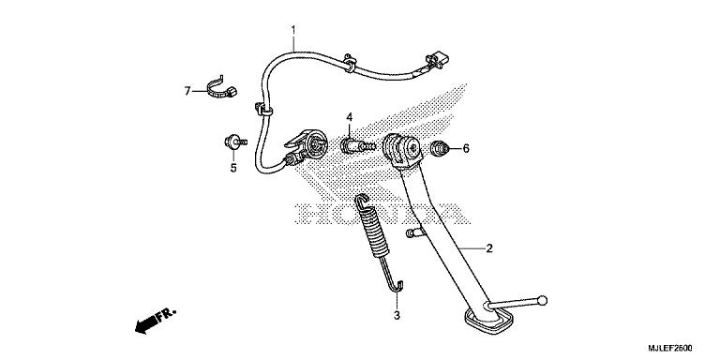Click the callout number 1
click(293, 30)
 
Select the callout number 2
click(488, 249)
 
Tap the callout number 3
click(397, 316)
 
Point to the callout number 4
click(348, 117)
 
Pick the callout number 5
click(232, 169)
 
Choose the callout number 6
click(465, 148)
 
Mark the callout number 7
click(187, 91)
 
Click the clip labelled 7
click(222, 88)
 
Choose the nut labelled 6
click(439, 148)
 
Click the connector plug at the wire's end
click(433, 64)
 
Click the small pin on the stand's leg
click(413, 232)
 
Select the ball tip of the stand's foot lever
click(541, 302)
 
